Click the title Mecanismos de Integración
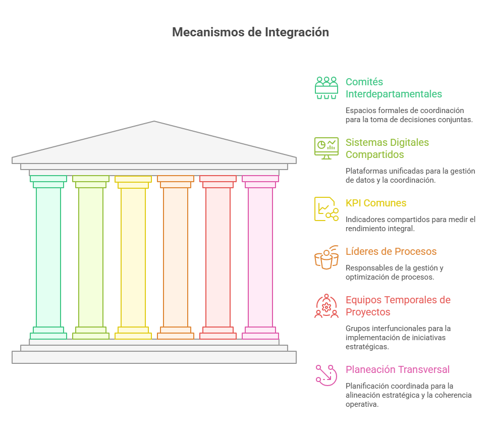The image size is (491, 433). [250, 32]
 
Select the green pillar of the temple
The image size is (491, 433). [48, 257]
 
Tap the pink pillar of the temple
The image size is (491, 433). [260, 257]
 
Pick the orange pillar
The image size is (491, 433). [176, 257]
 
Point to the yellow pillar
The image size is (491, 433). [133, 257]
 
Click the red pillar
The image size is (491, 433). [218, 257]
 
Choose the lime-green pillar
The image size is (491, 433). [91, 257]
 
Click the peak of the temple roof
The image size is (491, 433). [154, 121]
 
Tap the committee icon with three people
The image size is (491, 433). [326, 88]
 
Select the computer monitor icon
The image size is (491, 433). [326, 148]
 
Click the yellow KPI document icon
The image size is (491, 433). [326, 209]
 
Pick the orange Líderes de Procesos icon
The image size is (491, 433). [326, 257]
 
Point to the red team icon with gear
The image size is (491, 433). [326, 306]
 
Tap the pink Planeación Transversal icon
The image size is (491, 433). [326, 375]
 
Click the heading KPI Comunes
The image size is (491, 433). [376, 203]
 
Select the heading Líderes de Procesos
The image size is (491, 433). [391, 251]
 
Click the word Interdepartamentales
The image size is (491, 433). [394, 94]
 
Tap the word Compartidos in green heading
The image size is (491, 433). [374, 154]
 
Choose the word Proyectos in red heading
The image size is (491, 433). [368, 312]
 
